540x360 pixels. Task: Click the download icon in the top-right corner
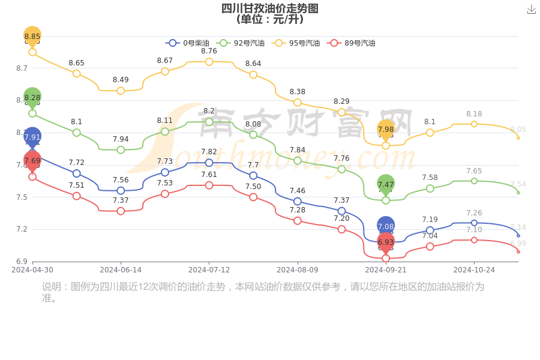[531, 10]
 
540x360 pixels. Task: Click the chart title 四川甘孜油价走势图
[269, 8]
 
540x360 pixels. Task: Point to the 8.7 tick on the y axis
[22, 68]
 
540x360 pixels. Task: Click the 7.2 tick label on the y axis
[22, 229]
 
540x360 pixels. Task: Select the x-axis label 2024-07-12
[209, 270]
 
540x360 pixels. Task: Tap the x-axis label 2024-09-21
[386, 270]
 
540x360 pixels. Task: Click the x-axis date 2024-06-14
[121, 270]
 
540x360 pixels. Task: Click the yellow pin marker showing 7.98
[386, 130]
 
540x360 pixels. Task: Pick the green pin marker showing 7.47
[386, 184]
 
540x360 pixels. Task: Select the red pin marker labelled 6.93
[386, 242]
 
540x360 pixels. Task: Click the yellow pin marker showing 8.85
[32, 36]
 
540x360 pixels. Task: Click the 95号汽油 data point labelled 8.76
[209, 62]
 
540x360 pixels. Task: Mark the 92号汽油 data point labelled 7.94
[121, 150]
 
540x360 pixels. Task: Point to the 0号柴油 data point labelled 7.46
[298, 202]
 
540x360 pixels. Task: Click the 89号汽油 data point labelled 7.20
[341, 229]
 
